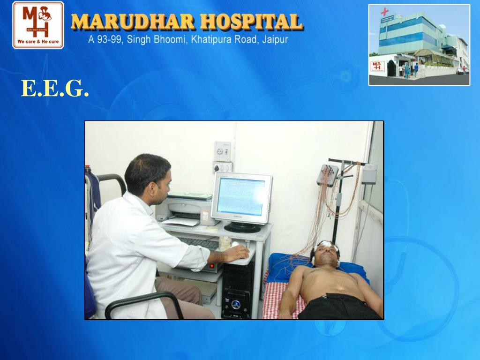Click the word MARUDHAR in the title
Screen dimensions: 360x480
(x=132, y=22)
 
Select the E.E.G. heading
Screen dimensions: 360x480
(x=55, y=89)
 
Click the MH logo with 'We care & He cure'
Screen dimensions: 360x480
(x=38, y=25)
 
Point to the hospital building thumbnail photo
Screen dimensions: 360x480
(x=419, y=45)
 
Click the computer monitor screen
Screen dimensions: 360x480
(x=241, y=196)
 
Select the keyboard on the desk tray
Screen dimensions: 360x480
(x=199, y=243)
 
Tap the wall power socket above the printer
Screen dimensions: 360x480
(x=223, y=151)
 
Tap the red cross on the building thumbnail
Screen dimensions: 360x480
(x=385, y=12)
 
